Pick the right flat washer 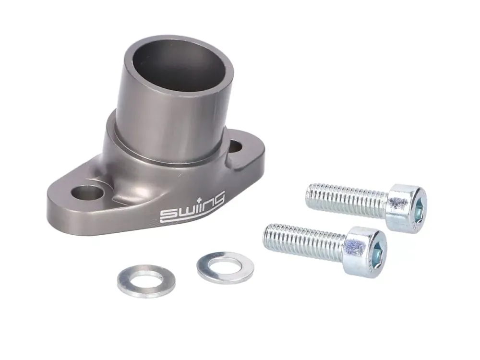point(225,267)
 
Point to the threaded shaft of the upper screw point(346,197)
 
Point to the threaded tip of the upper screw point(311,192)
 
